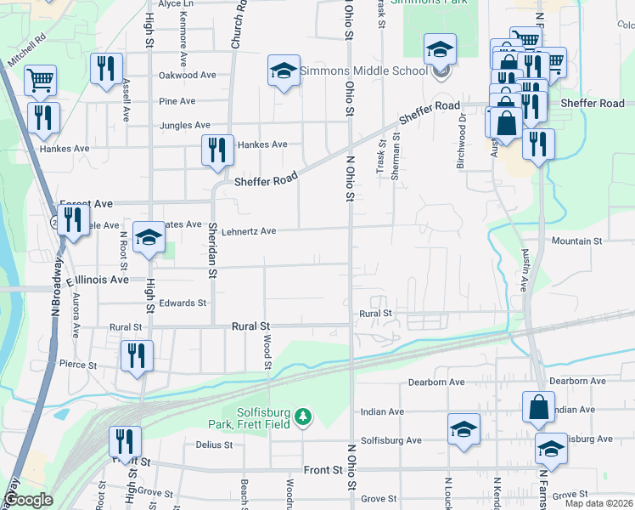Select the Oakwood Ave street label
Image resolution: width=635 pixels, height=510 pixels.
tap(188, 75)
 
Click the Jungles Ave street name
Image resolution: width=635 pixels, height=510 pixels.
tap(184, 125)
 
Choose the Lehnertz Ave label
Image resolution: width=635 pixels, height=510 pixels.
tap(249, 231)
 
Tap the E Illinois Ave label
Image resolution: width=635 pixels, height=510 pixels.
tap(97, 279)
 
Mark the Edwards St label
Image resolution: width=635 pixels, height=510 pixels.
tap(183, 303)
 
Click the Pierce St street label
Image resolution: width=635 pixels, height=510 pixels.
tap(79, 364)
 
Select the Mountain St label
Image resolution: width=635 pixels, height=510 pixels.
tap(576, 241)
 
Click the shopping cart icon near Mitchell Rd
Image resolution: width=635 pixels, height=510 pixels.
tap(40, 80)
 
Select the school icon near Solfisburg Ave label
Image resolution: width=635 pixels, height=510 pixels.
tap(464, 428)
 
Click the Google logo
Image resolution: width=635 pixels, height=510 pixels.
tap(28, 500)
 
